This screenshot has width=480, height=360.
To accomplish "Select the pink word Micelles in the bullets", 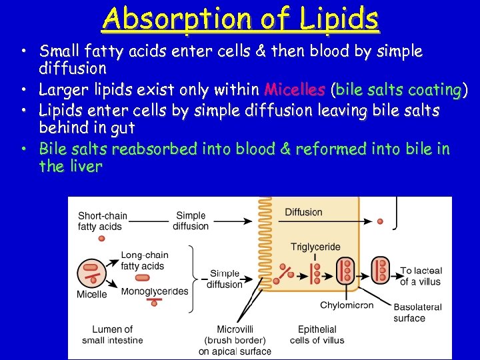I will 294,89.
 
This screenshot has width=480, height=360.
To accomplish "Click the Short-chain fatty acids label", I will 100,221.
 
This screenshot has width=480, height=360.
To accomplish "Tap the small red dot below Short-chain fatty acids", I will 101,238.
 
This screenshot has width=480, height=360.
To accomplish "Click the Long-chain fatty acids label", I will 144,261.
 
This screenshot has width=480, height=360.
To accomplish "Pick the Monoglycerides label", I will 155,291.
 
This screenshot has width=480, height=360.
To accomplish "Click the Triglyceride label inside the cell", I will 315,247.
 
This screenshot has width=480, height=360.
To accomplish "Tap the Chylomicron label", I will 347,305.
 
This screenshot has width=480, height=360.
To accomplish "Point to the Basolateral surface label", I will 417,313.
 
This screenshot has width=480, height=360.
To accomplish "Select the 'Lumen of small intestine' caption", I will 112,335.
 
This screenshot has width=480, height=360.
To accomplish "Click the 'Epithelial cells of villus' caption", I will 317,335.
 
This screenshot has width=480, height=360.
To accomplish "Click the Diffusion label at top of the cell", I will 303,212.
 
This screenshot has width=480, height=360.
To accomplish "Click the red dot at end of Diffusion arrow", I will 380,221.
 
